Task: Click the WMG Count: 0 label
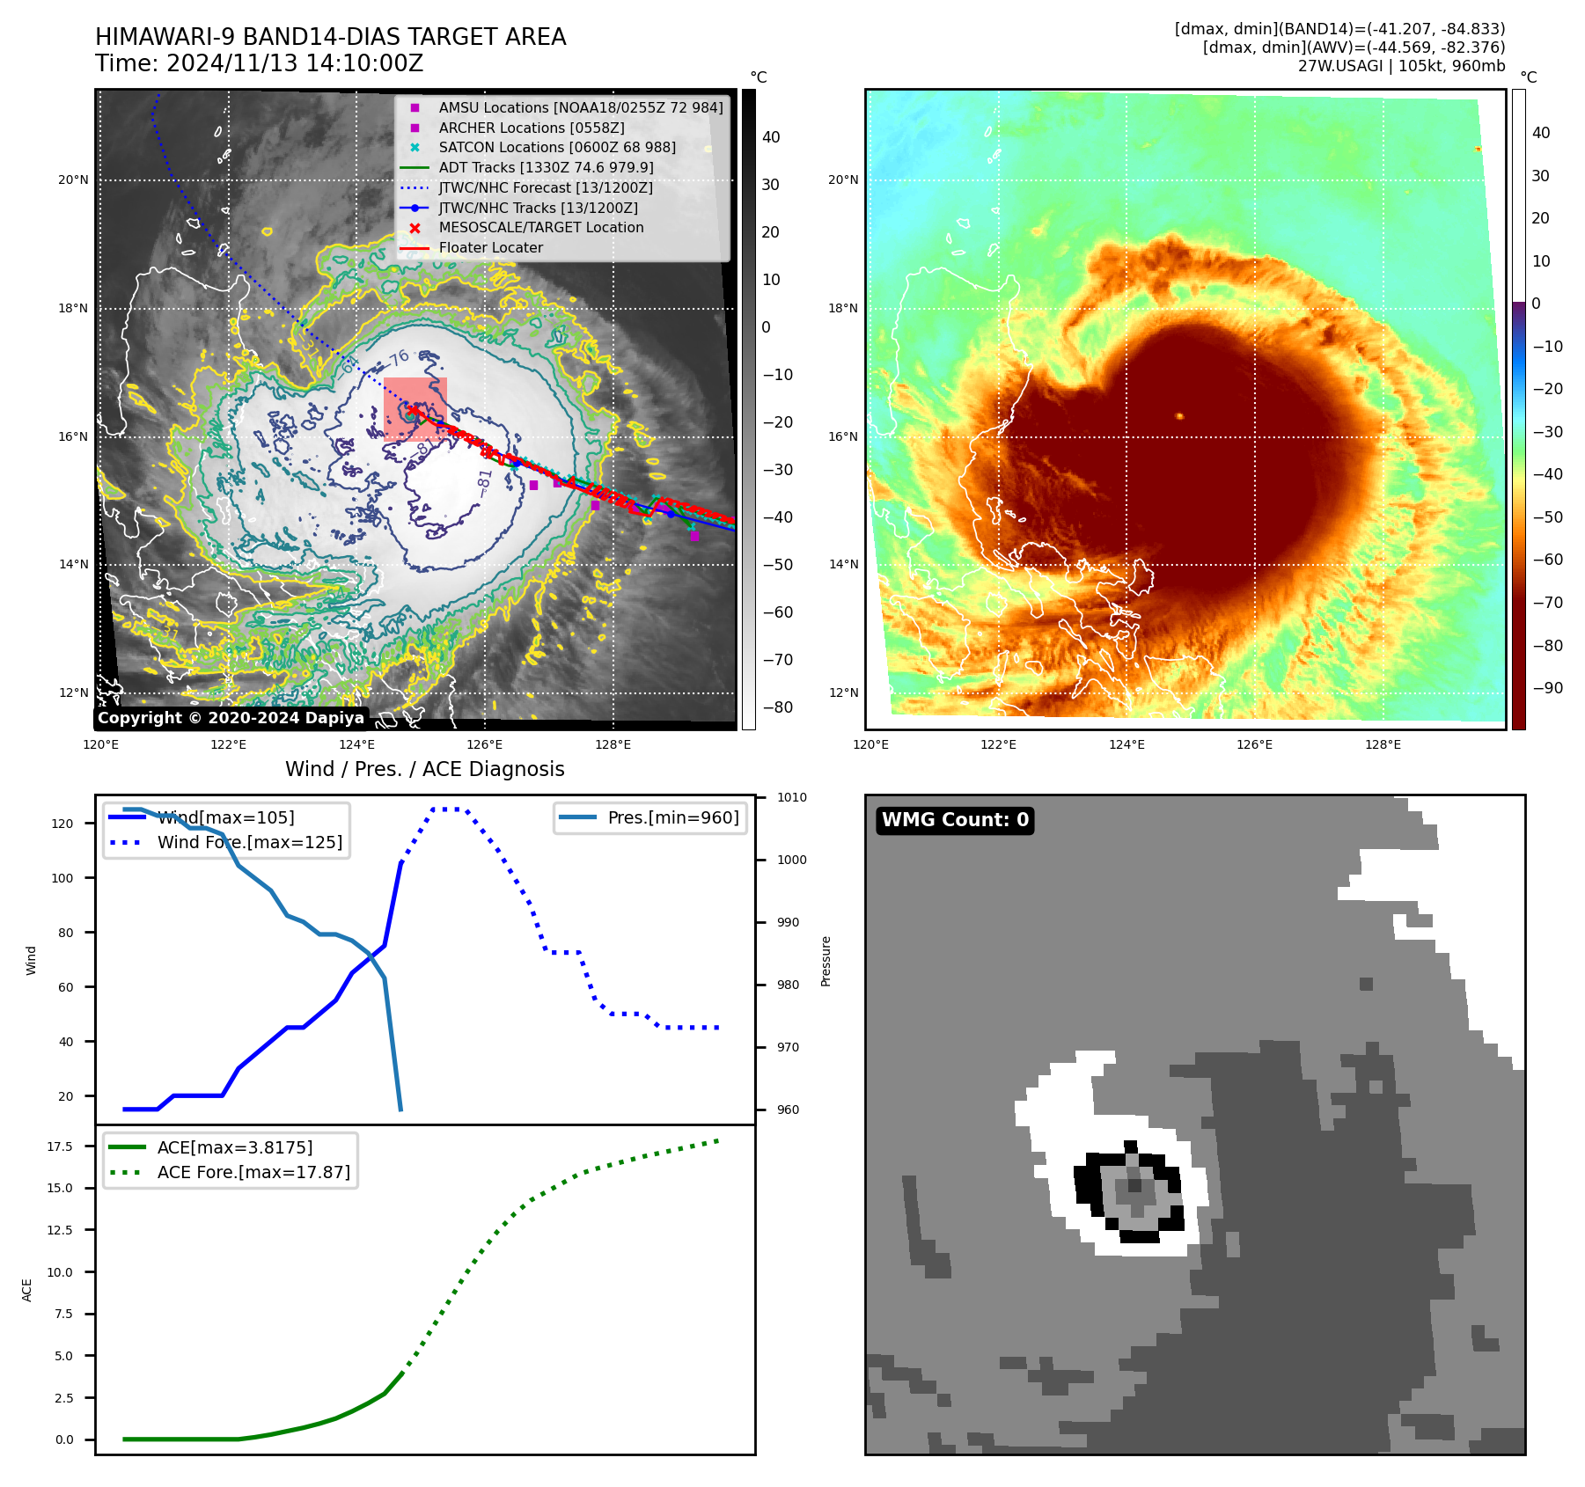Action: [x=955, y=820]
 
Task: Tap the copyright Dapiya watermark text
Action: [x=231, y=718]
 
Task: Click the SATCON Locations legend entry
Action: [x=557, y=147]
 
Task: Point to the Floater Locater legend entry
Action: [x=490, y=247]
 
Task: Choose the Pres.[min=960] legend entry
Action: [x=673, y=817]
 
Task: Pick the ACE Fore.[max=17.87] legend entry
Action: [x=253, y=1172]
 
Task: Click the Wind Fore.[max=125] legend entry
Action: [x=250, y=842]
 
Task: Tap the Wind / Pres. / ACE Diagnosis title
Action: [x=424, y=769]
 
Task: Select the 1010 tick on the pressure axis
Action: [x=791, y=797]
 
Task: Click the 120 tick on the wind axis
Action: [x=62, y=824]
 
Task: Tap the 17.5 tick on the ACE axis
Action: [x=60, y=1146]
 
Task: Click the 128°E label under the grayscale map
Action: [x=613, y=744]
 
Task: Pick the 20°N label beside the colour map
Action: [x=842, y=179]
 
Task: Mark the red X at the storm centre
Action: [x=414, y=410]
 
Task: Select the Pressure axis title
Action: [x=826, y=961]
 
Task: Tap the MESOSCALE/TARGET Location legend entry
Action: [x=541, y=227]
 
